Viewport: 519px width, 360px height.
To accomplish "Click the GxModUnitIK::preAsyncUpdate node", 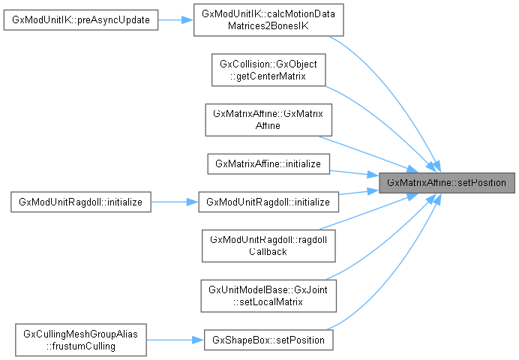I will pyautogui.click(x=81, y=20).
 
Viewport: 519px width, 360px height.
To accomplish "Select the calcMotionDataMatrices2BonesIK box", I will pyautogui.click(x=268, y=20).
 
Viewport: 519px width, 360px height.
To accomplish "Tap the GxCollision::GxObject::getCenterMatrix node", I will pyautogui.click(x=268, y=72).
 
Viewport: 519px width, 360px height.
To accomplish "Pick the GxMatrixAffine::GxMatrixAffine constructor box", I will pyautogui.click(x=268, y=119).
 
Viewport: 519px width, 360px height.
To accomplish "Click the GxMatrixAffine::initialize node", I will pyautogui.click(x=268, y=163).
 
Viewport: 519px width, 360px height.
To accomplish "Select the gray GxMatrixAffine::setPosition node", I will pyautogui.click(x=447, y=182).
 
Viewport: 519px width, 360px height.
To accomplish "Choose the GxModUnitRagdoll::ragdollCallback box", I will pyautogui.click(x=268, y=245).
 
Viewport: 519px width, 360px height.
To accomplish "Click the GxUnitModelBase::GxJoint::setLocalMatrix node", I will pyautogui.click(x=268, y=295).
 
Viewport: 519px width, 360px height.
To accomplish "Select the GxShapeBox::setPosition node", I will pyautogui.click(x=268, y=340).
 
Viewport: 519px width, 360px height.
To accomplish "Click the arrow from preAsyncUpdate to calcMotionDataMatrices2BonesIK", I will pyautogui.click(x=176, y=20).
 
